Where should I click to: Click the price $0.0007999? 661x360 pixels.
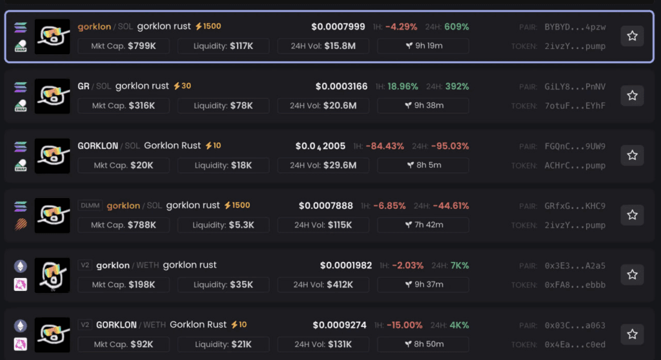click(338, 27)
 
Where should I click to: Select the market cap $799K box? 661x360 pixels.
click(124, 46)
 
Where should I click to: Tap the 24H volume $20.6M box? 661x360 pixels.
click(323, 106)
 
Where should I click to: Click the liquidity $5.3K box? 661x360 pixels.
click(224, 225)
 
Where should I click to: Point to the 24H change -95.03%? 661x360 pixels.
click(450, 146)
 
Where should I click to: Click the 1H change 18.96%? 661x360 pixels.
click(403, 86)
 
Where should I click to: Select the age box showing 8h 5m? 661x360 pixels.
click(424, 165)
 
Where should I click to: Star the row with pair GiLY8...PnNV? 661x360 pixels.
click(632, 95)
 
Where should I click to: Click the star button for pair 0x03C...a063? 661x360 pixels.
click(632, 334)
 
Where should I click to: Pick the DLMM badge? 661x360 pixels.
click(88, 206)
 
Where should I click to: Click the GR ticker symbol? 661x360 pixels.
click(83, 86)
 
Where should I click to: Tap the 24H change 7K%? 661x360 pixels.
click(460, 265)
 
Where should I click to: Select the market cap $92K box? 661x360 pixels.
click(124, 345)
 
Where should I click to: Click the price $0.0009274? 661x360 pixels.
click(340, 325)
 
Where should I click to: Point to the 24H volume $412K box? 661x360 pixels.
click(323, 285)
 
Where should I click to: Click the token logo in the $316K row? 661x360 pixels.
click(52, 96)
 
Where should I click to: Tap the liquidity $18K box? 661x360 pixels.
click(224, 165)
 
